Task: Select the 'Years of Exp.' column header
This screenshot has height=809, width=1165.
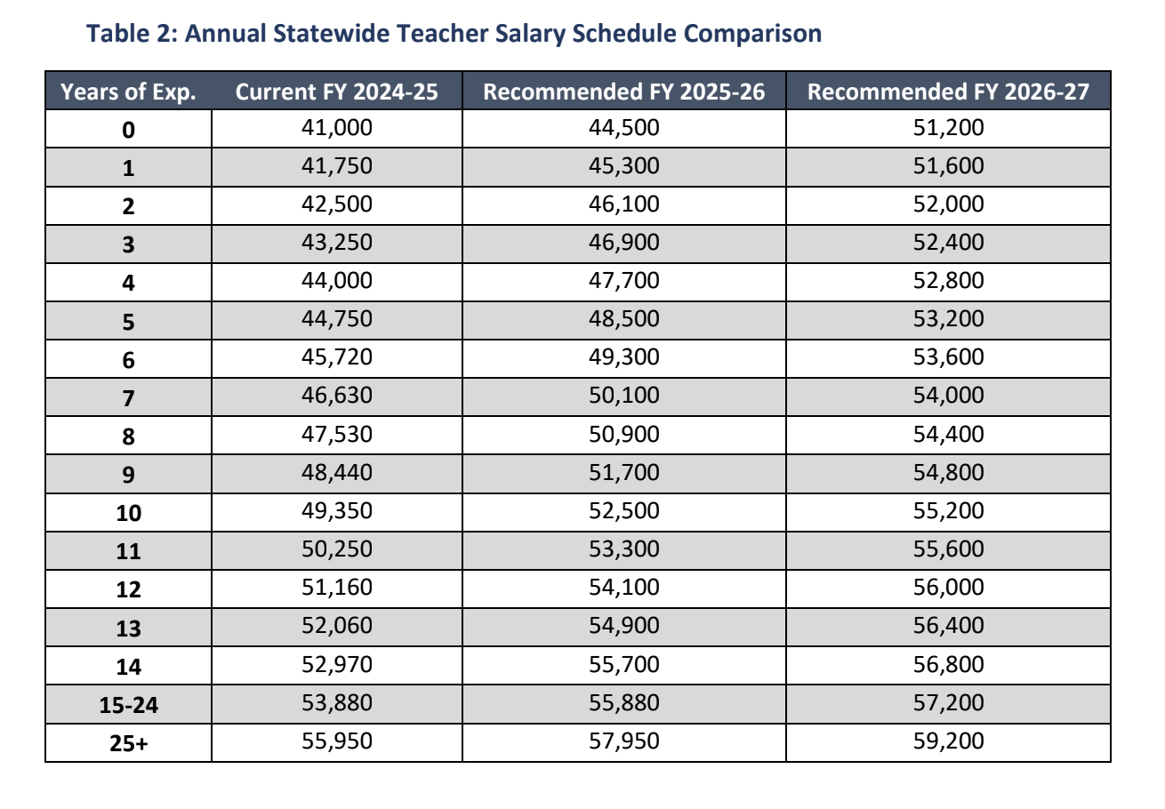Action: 128,92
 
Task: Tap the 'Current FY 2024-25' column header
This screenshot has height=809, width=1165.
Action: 336,92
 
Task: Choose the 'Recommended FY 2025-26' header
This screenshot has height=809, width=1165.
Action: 623,92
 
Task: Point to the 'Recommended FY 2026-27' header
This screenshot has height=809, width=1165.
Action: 948,92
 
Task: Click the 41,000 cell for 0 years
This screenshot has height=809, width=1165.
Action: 336,128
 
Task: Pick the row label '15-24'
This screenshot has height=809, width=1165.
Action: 128,705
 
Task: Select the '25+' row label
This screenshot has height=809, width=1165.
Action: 128,743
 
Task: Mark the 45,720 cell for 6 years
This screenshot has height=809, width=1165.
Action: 336,357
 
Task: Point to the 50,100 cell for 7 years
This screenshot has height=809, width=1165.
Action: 623,396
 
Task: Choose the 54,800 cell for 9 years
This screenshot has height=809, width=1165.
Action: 948,472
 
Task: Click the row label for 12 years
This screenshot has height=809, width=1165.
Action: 128,589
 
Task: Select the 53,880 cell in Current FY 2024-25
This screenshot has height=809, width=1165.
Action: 336,703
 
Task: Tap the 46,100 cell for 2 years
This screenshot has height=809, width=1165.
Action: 623,204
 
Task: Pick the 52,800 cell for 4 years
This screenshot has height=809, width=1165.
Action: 948,281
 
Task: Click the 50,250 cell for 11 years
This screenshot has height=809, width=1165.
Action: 336,549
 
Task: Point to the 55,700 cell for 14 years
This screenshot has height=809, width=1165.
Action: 623,665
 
